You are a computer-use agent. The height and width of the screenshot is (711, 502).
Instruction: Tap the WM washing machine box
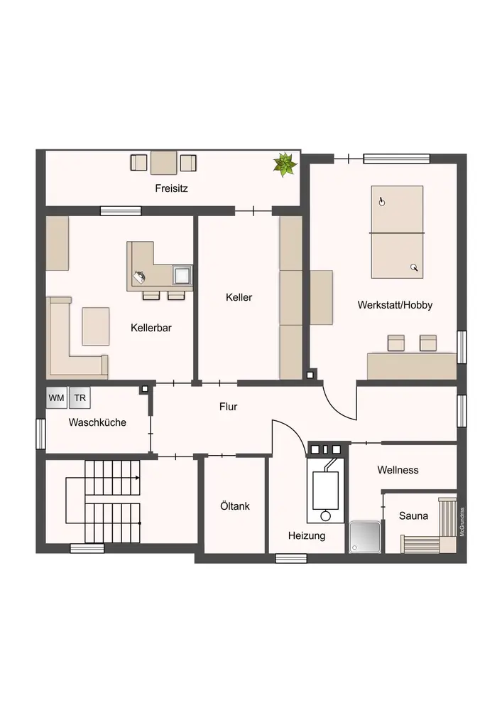click(57, 398)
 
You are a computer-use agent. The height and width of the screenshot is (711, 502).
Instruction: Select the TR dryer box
click(80, 398)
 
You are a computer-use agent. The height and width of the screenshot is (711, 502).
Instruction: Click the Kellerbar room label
click(151, 328)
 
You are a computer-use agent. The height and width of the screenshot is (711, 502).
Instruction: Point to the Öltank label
click(235, 506)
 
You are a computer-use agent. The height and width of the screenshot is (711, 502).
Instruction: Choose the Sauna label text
click(413, 516)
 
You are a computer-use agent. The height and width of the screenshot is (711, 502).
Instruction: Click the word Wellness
click(398, 470)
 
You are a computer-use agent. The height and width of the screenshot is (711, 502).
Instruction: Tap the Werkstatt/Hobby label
click(395, 305)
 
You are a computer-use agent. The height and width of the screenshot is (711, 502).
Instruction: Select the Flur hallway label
click(228, 407)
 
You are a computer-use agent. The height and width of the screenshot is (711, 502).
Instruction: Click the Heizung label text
click(307, 536)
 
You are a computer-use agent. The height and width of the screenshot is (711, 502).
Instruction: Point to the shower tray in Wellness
click(365, 537)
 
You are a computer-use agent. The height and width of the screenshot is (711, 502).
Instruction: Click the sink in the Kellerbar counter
click(183, 275)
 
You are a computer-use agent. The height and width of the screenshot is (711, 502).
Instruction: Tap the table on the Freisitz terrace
click(163, 163)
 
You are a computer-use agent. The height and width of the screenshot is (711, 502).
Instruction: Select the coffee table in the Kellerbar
click(96, 326)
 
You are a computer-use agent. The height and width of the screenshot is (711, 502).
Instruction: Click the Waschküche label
click(97, 422)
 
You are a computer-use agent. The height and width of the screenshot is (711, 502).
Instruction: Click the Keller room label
click(239, 297)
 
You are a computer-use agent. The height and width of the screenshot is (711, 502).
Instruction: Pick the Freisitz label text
click(171, 188)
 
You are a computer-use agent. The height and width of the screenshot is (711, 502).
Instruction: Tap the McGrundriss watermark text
click(462, 522)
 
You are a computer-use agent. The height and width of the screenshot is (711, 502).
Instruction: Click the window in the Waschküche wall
click(40, 434)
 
